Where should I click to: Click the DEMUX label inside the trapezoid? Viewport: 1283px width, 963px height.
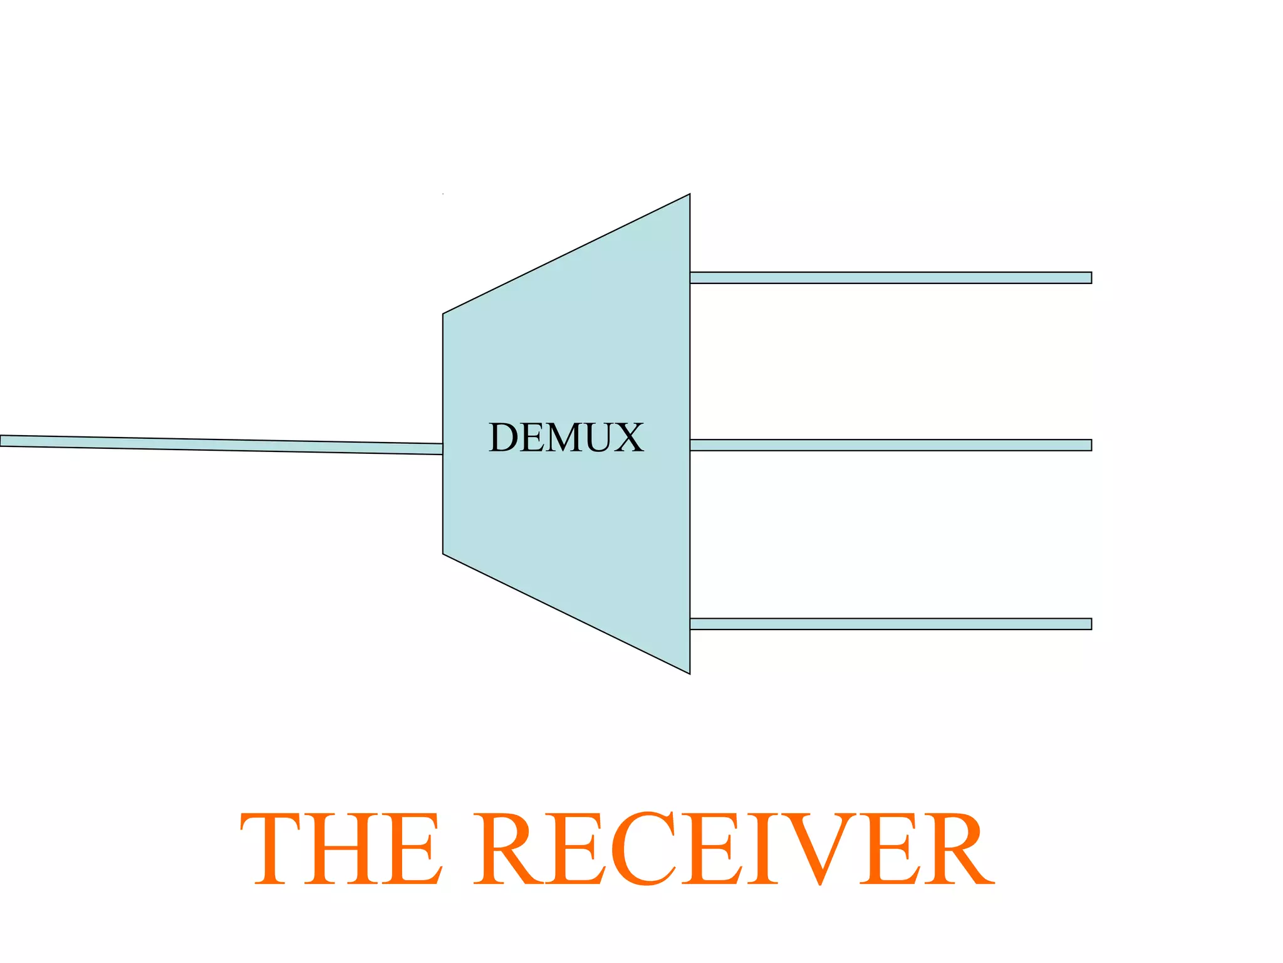[566, 437]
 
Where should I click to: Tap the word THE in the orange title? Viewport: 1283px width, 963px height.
[341, 849]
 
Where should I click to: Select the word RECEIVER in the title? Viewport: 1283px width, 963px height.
[734, 849]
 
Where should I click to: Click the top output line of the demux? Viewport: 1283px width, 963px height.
[890, 278]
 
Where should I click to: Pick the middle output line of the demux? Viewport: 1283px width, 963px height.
[890, 445]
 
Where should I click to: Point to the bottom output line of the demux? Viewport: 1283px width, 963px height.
[890, 624]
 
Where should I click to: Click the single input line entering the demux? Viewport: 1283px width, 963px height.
[219, 445]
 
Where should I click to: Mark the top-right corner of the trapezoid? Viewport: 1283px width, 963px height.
[689, 195]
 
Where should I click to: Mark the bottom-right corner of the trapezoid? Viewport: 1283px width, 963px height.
[689, 673]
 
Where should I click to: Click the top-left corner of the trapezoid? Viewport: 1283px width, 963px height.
[444, 314]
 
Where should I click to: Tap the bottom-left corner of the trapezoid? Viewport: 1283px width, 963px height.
[444, 554]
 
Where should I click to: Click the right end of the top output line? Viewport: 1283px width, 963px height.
[1090, 278]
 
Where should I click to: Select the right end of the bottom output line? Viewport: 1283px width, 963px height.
[1090, 624]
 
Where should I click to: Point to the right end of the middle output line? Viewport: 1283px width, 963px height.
[1090, 445]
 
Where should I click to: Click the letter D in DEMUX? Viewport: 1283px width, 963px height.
[505, 437]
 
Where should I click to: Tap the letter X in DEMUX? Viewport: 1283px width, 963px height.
[628, 437]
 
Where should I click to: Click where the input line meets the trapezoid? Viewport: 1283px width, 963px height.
[442, 449]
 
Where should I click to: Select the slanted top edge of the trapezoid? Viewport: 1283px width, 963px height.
[566, 254]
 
